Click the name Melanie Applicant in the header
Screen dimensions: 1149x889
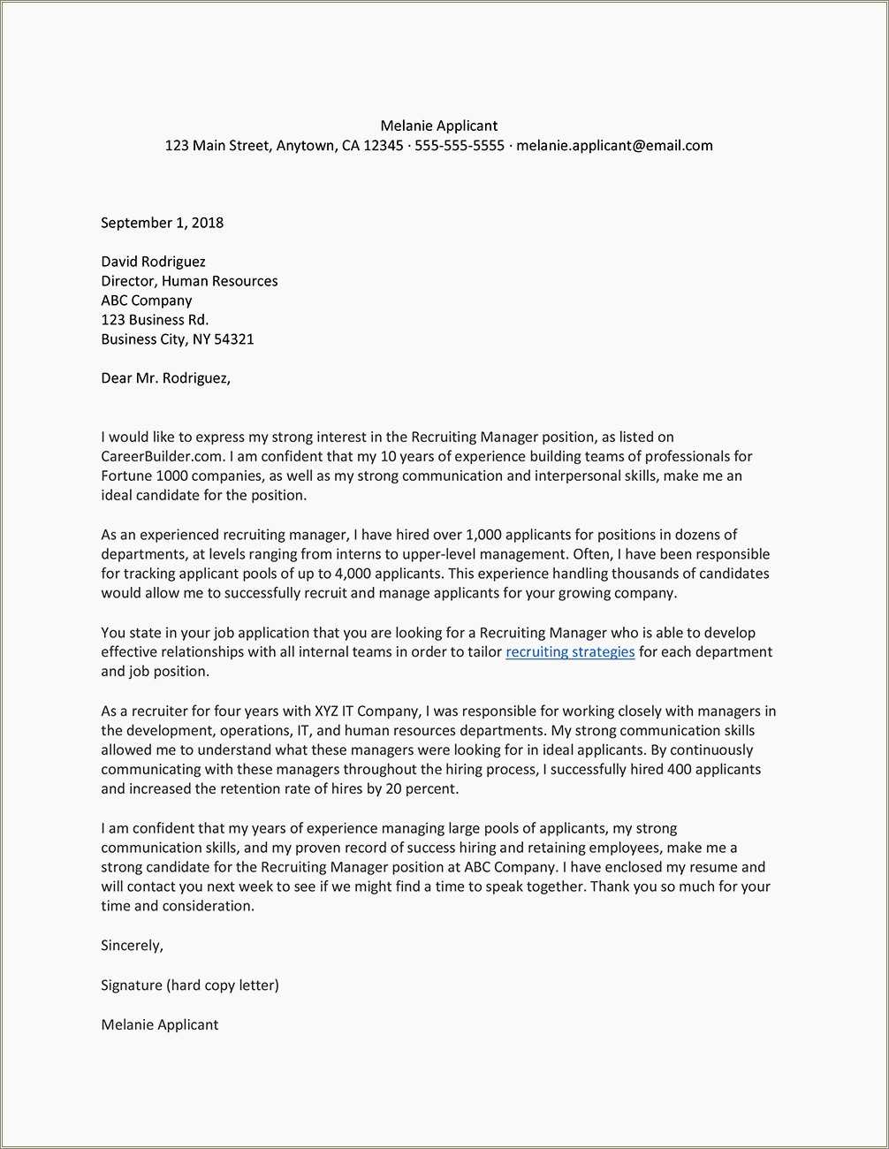[x=438, y=126]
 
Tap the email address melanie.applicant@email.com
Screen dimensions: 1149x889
[x=614, y=146]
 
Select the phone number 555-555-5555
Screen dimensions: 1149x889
[x=459, y=146]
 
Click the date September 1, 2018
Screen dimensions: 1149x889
[x=162, y=223]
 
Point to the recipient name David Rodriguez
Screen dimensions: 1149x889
[x=153, y=262]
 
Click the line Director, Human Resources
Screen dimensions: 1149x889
[x=189, y=281]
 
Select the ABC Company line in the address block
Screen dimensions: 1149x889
[x=146, y=301]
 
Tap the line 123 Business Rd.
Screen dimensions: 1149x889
[x=155, y=320]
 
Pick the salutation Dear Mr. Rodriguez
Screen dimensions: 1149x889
[x=165, y=378]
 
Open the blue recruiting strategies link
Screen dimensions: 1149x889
[x=570, y=652]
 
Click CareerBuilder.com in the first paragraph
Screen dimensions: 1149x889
[x=163, y=457]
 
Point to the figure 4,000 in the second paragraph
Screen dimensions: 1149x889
[x=353, y=574]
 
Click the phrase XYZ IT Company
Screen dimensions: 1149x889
[x=366, y=711]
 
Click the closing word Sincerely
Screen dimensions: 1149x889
[x=132, y=946]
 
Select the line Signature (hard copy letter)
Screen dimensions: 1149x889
[x=189, y=985]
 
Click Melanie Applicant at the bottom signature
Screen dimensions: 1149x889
[x=159, y=1025]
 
